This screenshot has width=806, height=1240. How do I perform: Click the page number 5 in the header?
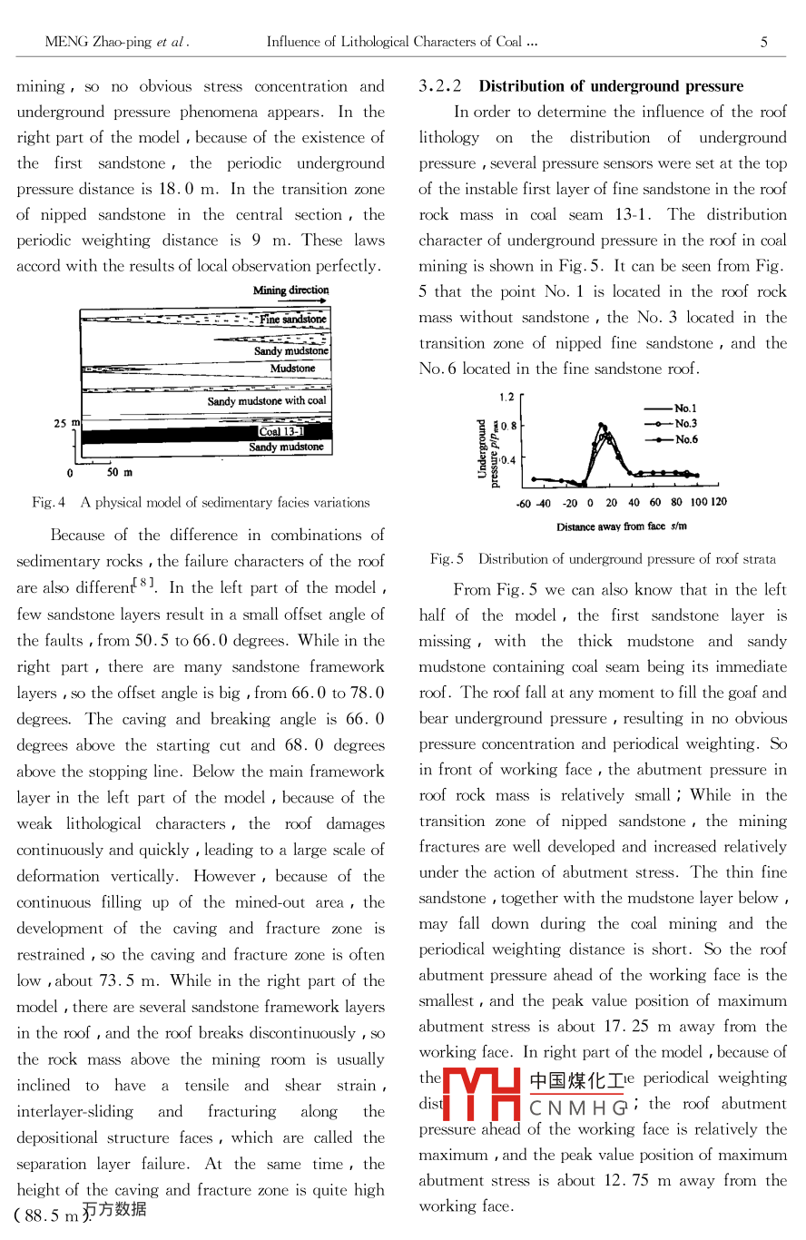click(764, 42)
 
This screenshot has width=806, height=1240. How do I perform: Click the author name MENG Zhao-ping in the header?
click(96, 42)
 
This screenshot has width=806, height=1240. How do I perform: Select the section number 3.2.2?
click(440, 86)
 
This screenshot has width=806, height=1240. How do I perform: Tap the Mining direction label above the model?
click(290, 290)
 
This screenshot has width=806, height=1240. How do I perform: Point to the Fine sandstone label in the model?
click(292, 320)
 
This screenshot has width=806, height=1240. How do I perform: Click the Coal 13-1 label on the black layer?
click(280, 432)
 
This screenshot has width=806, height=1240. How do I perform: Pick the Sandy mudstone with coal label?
click(267, 400)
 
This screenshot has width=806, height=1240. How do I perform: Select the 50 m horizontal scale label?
click(119, 472)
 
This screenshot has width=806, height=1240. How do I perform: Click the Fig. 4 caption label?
click(48, 502)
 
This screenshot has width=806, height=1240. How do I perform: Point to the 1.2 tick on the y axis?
click(506, 397)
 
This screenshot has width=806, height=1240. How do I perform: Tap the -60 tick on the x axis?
click(524, 503)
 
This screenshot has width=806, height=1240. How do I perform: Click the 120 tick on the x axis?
click(718, 502)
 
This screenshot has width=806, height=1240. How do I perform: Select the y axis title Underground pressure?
click(487, 452)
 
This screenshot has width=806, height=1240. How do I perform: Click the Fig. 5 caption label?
click(447, 559)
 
